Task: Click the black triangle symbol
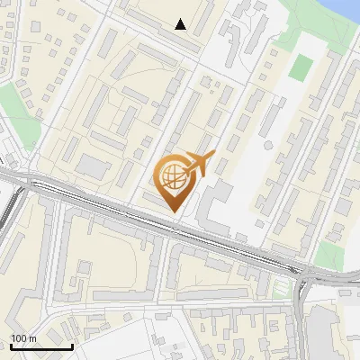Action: (x=181, y=24)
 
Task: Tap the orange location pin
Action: (x=176, y=184)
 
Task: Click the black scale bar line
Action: (x=41, y=346)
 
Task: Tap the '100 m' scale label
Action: (x=23, y=338)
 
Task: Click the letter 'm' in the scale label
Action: (x=32, y=338)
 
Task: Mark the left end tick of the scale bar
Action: (x=11, y=345)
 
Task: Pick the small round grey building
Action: (x=267, y=145)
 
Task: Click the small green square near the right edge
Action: (x=329, y=253)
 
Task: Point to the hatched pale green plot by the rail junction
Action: (x=282, y=288)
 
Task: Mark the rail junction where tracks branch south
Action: (x=302, y=275)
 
